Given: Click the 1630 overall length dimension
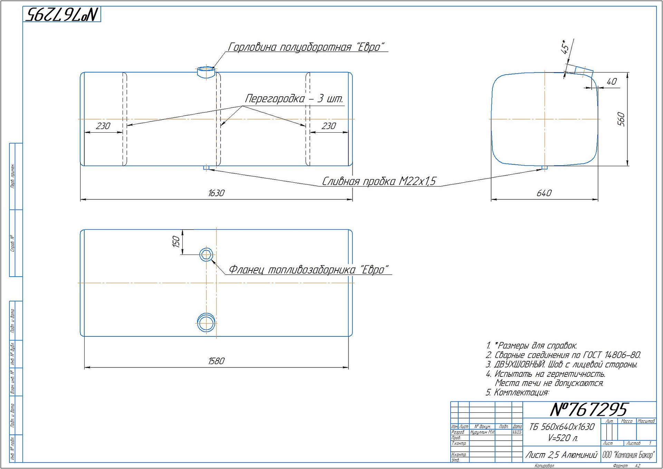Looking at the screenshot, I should (x=216, y=193).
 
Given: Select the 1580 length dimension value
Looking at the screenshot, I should (x=216, y=361).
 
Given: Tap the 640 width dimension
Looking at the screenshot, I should (x=544, y=193).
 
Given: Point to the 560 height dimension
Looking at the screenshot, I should (x=621, y=119).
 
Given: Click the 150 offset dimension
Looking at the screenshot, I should (x=176, y=241).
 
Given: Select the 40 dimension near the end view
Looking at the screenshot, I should (x=612, y=82).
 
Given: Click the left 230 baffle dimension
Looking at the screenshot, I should (x=103, y=126).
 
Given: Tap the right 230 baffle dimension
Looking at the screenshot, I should (x=328, y=126).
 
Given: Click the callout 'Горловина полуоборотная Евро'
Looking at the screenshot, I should (x=306, y=47).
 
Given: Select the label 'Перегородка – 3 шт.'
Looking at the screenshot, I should (x=294, y=99).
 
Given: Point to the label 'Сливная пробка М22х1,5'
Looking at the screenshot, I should (x=379, y=181).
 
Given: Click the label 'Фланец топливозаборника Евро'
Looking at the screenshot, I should (x=309, y=269).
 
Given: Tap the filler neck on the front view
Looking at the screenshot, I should (x=206, y=72).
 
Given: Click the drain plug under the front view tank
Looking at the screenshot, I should (x=206, y=168).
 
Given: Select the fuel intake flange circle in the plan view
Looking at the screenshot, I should (x=206, y=255).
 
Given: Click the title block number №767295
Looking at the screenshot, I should (x=588, y=410).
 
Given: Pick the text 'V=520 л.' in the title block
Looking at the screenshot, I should (x=563, y=438).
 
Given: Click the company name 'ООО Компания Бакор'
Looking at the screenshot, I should (x=628, y=455).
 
